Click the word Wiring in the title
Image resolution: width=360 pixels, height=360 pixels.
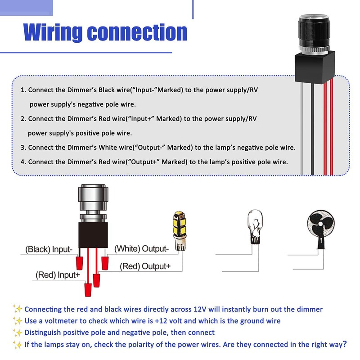coord(53,32)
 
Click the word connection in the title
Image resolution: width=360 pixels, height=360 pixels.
coord(137,32)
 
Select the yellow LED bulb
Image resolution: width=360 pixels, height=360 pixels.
coord(180,231)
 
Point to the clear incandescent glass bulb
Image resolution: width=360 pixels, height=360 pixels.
coord(255,227)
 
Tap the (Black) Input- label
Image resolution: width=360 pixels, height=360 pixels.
coord(49,249)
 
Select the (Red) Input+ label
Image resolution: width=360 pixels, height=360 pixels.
coord(58,275)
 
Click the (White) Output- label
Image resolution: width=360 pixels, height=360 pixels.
coord(141,249)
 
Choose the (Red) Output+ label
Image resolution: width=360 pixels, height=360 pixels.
coord(145,266)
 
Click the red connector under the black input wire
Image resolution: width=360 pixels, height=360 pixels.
coord(80,263)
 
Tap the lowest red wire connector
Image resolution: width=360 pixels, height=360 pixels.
coord(88,290)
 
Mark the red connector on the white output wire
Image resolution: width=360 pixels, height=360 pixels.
coord(105,263)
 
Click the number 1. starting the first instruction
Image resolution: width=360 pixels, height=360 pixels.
coord(23,90)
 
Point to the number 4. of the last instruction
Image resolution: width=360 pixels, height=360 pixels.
coord(23,162)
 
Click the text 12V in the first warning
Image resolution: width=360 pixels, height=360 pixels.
coord(200,309)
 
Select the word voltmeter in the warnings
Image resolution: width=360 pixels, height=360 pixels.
coord(61,321)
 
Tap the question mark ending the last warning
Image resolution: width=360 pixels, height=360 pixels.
coord(344,344)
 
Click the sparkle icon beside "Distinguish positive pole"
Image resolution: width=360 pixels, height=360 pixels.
coord(18,333)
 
